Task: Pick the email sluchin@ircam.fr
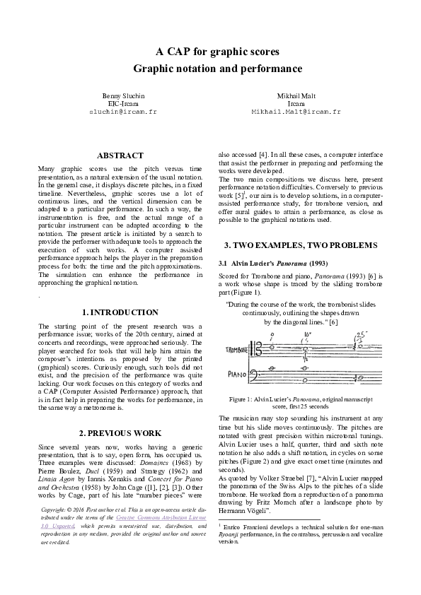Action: coord(123,112)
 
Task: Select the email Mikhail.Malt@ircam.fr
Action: coord(296,112)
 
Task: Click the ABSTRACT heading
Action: coord(120,155)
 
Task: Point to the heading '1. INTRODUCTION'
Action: coord(120,312)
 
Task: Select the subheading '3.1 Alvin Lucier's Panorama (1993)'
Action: coord(272,264)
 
